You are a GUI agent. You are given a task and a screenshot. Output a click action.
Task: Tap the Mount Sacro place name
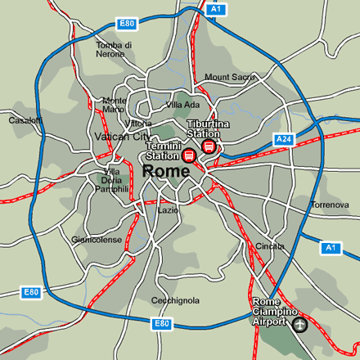click(x=230, y=77)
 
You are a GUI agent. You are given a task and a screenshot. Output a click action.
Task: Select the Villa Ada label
click(x=182, y=105)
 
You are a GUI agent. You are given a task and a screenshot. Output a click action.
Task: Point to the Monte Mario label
click(x=114, y=105)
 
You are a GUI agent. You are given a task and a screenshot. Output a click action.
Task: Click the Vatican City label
click(x=123, y=137)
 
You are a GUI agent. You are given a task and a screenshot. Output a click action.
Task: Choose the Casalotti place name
click(x=25, y=120)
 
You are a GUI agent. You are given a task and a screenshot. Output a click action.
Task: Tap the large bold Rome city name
click(x=167, y=171)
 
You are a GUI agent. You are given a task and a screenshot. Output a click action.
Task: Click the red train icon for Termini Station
click(x=188, y=155)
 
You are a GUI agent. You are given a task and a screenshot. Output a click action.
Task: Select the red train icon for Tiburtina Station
click(x=208, y=146)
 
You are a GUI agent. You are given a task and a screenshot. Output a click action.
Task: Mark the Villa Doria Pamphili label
click(x=113, y=180)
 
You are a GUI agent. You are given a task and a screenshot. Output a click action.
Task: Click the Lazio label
click(x=168, y=210)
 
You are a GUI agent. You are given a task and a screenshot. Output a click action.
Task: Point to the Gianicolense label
click(x=97, y=240)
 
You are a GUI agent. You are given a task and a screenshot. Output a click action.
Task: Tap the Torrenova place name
click(x=331, y=205)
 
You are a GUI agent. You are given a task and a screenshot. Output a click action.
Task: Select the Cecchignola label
click(x=175, y=300)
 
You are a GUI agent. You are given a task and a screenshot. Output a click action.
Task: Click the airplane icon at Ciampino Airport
click(x=299, y=326)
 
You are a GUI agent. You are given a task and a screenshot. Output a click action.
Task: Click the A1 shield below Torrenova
click(x=331, y=247)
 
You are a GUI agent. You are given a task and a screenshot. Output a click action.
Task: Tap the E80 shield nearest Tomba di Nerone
click(x=126, y=25)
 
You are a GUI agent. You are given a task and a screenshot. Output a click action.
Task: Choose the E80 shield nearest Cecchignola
click(x=162, y=324)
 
